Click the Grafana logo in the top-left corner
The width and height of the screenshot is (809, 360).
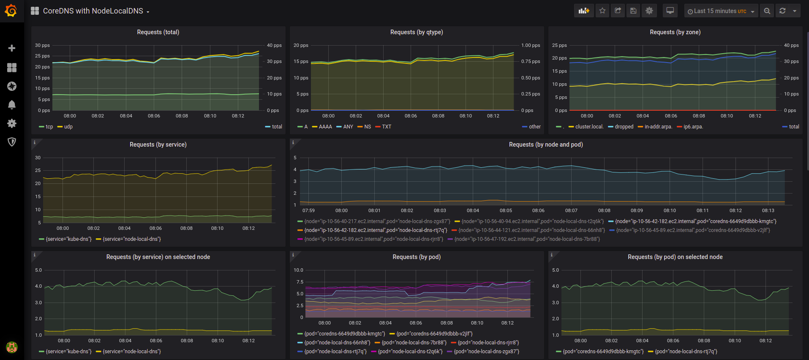click(x=11, y=11)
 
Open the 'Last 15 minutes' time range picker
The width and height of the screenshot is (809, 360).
click(x=721, y=11)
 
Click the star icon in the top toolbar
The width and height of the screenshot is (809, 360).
click(x=602, y=11)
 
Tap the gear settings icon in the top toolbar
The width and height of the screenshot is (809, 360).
click(x=649, y=11)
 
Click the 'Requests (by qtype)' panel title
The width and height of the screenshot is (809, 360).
click(x=417, y=32)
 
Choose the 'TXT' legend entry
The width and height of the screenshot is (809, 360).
click(x=384, y=127)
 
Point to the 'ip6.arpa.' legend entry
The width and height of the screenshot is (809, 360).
click(x=690, y=127)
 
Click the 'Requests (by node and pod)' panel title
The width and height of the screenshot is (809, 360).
click(x=546, y=145)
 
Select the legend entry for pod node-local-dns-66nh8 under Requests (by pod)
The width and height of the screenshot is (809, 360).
click(x=334, y=343)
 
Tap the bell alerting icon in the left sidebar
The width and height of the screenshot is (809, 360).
click(x=12, y=105)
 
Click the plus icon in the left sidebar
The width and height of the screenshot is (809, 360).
click(x=12, y=48)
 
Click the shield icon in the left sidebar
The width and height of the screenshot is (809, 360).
click(x=12, y=142)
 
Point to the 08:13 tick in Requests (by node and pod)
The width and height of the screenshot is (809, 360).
click(x=768, y=210)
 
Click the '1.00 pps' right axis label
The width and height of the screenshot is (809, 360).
click(x=531, y=45)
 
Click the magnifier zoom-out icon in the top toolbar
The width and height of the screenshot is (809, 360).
click(x=767, y=11)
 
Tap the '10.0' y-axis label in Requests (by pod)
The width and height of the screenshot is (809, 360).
click(x=298, y=270)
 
